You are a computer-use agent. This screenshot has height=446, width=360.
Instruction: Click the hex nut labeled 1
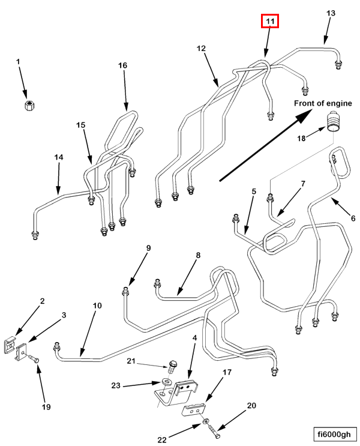[29, 106]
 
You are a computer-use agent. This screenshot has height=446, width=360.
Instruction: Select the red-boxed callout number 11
[270, 21]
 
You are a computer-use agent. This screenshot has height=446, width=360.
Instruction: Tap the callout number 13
[331, 13]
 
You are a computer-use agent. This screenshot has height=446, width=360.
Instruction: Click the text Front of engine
[323, 103]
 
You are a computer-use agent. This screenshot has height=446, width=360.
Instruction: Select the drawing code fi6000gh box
[334, 434]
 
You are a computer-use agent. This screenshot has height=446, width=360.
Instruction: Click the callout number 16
[122, 65]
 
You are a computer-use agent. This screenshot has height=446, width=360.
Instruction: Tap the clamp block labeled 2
[10, 345]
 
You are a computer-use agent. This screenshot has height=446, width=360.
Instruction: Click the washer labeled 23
[166, 381]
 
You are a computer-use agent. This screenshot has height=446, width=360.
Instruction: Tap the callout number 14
[59, 157]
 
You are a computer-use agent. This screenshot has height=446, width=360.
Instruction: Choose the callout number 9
[148, 248]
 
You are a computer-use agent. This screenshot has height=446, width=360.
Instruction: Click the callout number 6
[353, 218]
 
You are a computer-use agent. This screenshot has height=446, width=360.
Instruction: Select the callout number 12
[201, 49]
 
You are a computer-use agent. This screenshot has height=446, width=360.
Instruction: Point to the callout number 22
[162, 440]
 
